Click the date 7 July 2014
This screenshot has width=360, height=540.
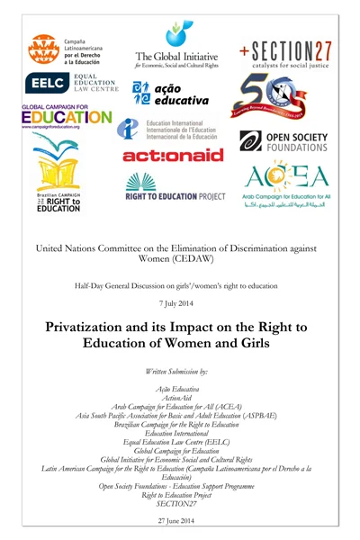(x=179, y=303)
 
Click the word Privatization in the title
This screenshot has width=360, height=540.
(x=100, y=328)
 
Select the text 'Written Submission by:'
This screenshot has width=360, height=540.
(x=179, y=370)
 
